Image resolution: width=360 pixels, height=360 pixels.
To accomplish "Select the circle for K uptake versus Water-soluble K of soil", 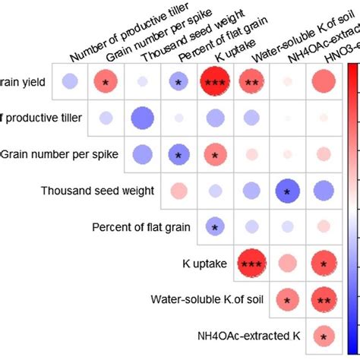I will pyautogui.click(x=251, y=264).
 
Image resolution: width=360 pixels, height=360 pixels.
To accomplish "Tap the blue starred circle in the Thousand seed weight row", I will pyautogui.click(x=287, y=191).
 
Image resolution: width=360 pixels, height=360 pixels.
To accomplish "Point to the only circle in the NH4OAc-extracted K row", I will pyautogui.click(x=324, y=336).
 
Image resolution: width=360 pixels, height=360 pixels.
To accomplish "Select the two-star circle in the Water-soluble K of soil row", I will pyautogui.click(x=324, y=300).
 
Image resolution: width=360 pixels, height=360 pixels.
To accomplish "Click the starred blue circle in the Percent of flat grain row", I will pyautogui.click(x=215, y=227).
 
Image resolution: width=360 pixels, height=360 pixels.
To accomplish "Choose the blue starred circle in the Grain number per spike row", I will pyautogui.click(x=178, y=154).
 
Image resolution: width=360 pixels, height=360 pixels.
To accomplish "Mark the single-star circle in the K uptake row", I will pyautogui.click(x=324, y=264).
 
